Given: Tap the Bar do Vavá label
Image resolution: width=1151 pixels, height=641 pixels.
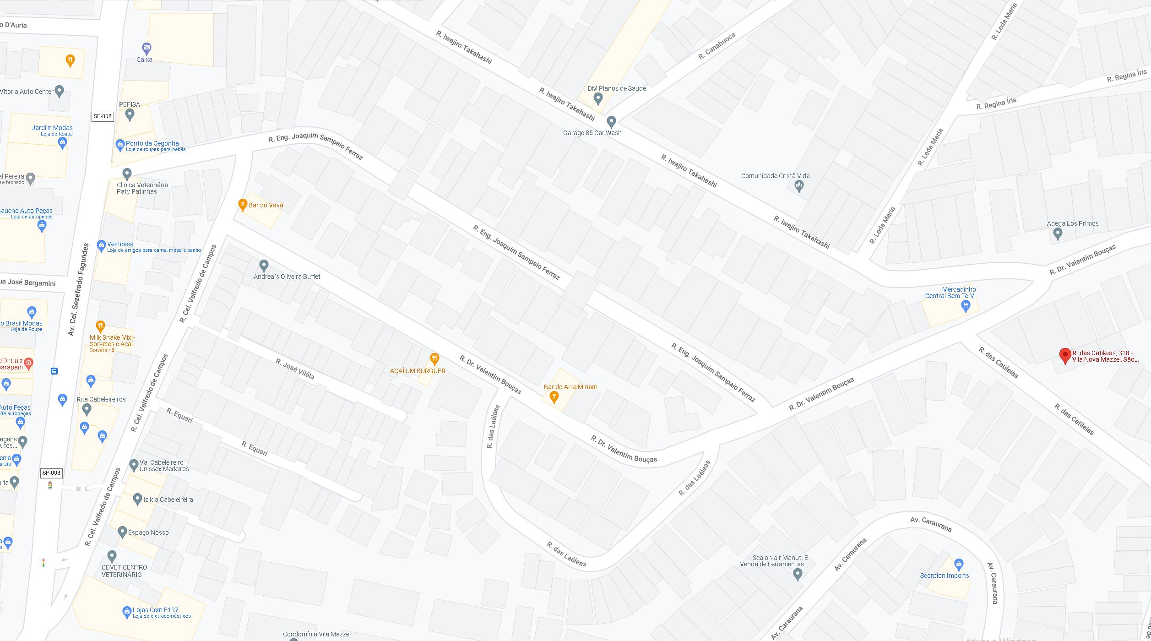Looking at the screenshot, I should click(x=266, y=205).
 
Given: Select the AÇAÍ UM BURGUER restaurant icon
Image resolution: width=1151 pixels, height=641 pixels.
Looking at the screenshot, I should click(x=434, y=359).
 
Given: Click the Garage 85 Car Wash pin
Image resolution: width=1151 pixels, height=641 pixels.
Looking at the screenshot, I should click(x=611, y=122).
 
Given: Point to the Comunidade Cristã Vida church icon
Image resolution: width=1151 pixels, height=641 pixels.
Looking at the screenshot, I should click(x=799, y=185).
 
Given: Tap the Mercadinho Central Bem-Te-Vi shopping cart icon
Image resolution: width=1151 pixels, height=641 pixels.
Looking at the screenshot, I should click(x=966, y=306).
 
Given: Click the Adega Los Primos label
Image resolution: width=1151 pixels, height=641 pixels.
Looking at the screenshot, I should click(x=1072, y=224).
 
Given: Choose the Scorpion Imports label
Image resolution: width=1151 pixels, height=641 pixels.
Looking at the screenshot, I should click(x=944, y=576).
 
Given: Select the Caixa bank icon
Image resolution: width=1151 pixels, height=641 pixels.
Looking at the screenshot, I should click(x=147, y=48).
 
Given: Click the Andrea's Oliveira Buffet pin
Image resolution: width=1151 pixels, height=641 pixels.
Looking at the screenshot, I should click(x=264, y=265).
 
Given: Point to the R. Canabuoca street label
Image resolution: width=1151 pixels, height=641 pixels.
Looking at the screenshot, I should click(x=717, y=46).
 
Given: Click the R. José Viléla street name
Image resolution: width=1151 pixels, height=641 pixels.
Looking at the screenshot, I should click(x=295, y=369).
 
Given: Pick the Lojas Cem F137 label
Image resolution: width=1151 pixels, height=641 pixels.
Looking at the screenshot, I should click(x=155, y=610).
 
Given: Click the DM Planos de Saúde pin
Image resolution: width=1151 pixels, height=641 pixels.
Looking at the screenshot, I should click(x=598, y=98).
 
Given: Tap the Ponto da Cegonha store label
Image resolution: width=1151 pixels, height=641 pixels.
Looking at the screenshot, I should click(x=152, y=143).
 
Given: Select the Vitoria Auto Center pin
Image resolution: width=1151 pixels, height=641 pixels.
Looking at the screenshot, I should click(x=59, y=91).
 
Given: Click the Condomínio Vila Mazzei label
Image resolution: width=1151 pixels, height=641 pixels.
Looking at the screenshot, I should click(x=316, y=634).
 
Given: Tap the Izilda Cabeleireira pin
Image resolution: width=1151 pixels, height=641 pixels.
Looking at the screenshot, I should click(x=137, y=499).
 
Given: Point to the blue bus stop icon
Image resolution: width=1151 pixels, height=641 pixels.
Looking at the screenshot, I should click(x=54, y=371).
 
